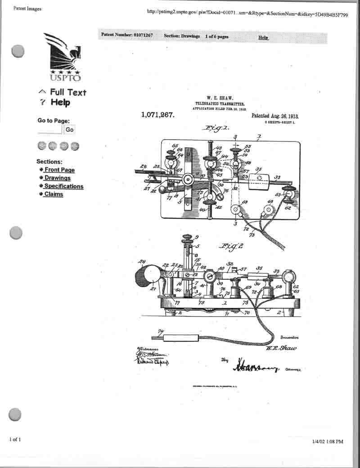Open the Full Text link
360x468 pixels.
[x=67, y=92]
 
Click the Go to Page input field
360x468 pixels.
[x=49, y=130]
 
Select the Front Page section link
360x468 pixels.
[x=59, y=170]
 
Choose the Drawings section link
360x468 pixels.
[x=57, y=178]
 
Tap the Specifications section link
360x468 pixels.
[x=63, y=186]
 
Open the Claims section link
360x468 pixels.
[x=54, y=194]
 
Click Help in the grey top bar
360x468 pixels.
[x=263, y=37]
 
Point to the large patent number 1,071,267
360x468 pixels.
[x=157, y=115]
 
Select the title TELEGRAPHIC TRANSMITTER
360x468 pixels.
[x=220, y=104]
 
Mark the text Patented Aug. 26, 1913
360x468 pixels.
[x=275, y=116]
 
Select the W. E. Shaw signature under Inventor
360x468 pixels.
[x=281, y=348]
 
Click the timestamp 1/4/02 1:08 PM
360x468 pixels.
[x=327, y=441]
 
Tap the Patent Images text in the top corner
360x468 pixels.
[x=27, y=9]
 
